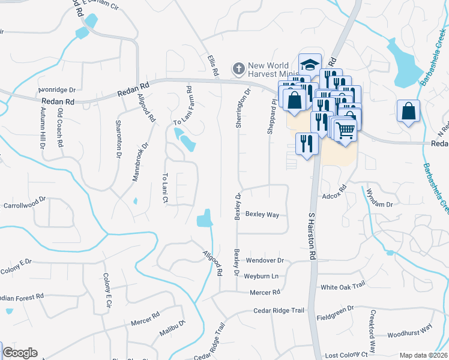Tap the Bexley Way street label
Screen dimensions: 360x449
[x=263, y=214]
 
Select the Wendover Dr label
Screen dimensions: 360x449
[x=264, y=261]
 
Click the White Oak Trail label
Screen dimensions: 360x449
[x=343, y=287]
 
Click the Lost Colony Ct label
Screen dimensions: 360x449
[x=345, y=355]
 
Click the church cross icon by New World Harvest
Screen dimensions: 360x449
[x=238, y=68]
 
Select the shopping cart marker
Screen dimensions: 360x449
[x=345, y=130]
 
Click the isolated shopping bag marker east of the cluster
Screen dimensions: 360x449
[x=408, y=111]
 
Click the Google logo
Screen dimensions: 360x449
[x=20, y=353]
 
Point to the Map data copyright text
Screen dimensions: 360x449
[x=423, y=355]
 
